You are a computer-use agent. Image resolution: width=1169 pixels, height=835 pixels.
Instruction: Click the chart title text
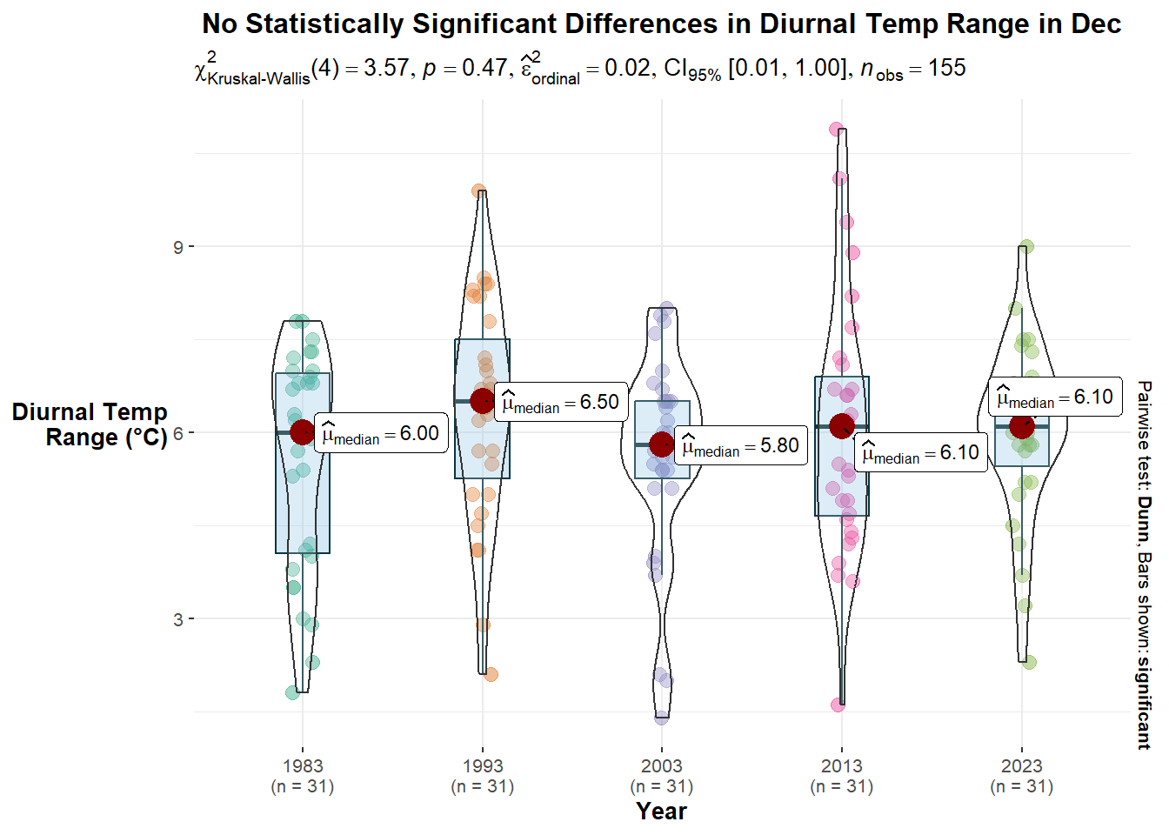click(x=661, y=24)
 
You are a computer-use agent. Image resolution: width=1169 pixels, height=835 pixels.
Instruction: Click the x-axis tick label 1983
click(x=303, y=766)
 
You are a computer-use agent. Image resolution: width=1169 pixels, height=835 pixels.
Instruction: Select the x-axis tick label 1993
click(x=483, y=766)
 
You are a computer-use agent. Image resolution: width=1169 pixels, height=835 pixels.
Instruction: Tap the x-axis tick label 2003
click(x=662, y=766)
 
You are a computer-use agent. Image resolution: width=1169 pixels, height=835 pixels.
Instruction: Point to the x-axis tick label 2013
click(x=842, y=766)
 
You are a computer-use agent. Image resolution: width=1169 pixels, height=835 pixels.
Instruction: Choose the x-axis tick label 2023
click(x=1021, y=766)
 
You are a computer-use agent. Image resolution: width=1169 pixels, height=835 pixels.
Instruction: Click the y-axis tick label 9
click(x=178, y=247)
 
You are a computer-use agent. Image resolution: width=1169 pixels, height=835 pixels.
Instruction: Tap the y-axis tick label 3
click(x=178, y=619)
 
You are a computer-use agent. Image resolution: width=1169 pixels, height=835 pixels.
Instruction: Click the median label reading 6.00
click(x=381, y=433)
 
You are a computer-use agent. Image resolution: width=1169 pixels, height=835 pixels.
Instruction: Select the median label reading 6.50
click(x=561, y=402)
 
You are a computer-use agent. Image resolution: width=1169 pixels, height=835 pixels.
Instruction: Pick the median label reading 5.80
click(x=741, y=445)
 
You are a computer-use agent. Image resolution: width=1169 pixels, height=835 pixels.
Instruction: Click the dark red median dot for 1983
click(x=303, y=431)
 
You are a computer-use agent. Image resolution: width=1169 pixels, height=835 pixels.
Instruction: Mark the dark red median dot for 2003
click(x=662, y=444)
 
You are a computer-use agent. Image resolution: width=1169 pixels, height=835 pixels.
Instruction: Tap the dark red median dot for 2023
click(x=1021, y=426)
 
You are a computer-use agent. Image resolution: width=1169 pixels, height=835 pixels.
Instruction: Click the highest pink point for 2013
click(x=837, y=130)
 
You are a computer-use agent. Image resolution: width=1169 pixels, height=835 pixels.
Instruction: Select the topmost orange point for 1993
click(x=478, y=191)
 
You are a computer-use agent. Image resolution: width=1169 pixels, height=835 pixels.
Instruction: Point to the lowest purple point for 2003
click(x=662, y=718)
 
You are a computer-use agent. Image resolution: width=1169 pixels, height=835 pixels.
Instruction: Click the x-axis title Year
click(x=661, y=812)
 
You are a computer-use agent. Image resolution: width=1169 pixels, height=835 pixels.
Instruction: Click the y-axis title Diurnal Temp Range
click(x=90, y=424)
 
